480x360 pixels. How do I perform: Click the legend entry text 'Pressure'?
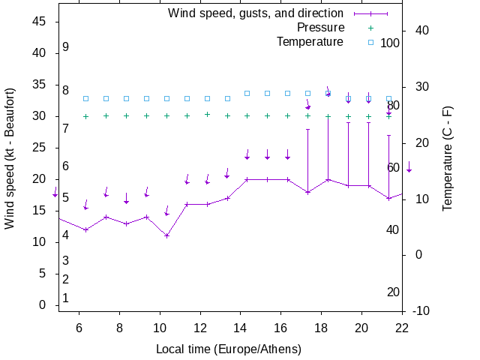pyautogui.click(x=320, y=28)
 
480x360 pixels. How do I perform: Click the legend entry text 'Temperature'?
pyautogui.click(x=310, y=41)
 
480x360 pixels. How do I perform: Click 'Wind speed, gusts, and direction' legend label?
pyautogui.click(x=255, y=13)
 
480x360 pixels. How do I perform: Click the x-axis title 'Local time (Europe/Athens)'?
pyautogui.click(x=228, y=349)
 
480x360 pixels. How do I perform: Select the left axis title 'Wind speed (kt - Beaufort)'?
pyautogui.click(x=10, y=166)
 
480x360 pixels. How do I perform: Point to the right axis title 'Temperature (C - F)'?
pyautogui.click(x=448, y=158)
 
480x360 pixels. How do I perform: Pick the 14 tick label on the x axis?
pyautogui.click(x=240, y=328)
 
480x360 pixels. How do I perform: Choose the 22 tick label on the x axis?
pyautogui.click(x=402, y=328)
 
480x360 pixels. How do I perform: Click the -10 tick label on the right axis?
pyautogui.click(x=420, y=311)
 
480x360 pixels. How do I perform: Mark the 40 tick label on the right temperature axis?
pyautogui.click(x=420, y=31)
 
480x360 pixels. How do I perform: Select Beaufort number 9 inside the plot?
pyautogui.click(x=66, y=46)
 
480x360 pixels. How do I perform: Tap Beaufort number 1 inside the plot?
pyautogui.click(x=66, y=298)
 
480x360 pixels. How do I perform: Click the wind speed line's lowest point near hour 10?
pyautogui.click(x=166, y=235)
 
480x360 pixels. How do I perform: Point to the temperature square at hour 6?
pyautogui.click(x=86, y=98)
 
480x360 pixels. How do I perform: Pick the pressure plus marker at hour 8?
pyautogui.click(x=127, y=116)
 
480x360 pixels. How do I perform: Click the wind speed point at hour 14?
pyautogui.click(x=247, y=179)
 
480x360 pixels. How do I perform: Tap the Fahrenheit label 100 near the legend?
pyautogui.click(x=390, y=43)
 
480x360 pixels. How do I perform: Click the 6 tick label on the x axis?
pyautogui.click(x=79, y=328)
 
